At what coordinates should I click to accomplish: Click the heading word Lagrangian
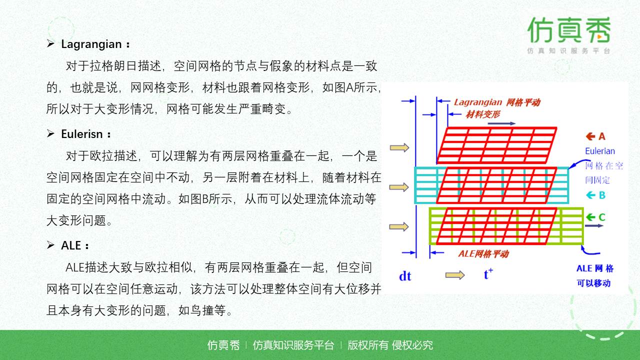91,44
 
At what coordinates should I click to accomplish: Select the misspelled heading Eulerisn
82,134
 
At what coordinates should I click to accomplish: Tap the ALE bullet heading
71,245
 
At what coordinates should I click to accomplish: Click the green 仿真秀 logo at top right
568,30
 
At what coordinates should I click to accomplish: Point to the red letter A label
601,136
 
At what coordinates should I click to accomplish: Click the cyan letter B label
602,195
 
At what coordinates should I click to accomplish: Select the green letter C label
601,217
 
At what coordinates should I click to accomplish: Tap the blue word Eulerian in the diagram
600,151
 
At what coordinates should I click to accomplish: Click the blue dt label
405,276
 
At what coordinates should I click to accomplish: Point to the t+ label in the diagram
488,274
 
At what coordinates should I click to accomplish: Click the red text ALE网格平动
483,253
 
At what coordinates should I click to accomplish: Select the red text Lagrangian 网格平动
496,102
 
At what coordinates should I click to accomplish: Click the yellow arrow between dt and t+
454,275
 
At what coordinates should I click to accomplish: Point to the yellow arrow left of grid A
399,147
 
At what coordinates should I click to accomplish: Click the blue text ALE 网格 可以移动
594,275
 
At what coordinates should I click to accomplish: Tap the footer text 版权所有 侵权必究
390,345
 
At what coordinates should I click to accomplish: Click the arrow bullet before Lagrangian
50,44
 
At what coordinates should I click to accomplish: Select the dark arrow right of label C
594,225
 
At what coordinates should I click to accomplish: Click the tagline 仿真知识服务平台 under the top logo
568,51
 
